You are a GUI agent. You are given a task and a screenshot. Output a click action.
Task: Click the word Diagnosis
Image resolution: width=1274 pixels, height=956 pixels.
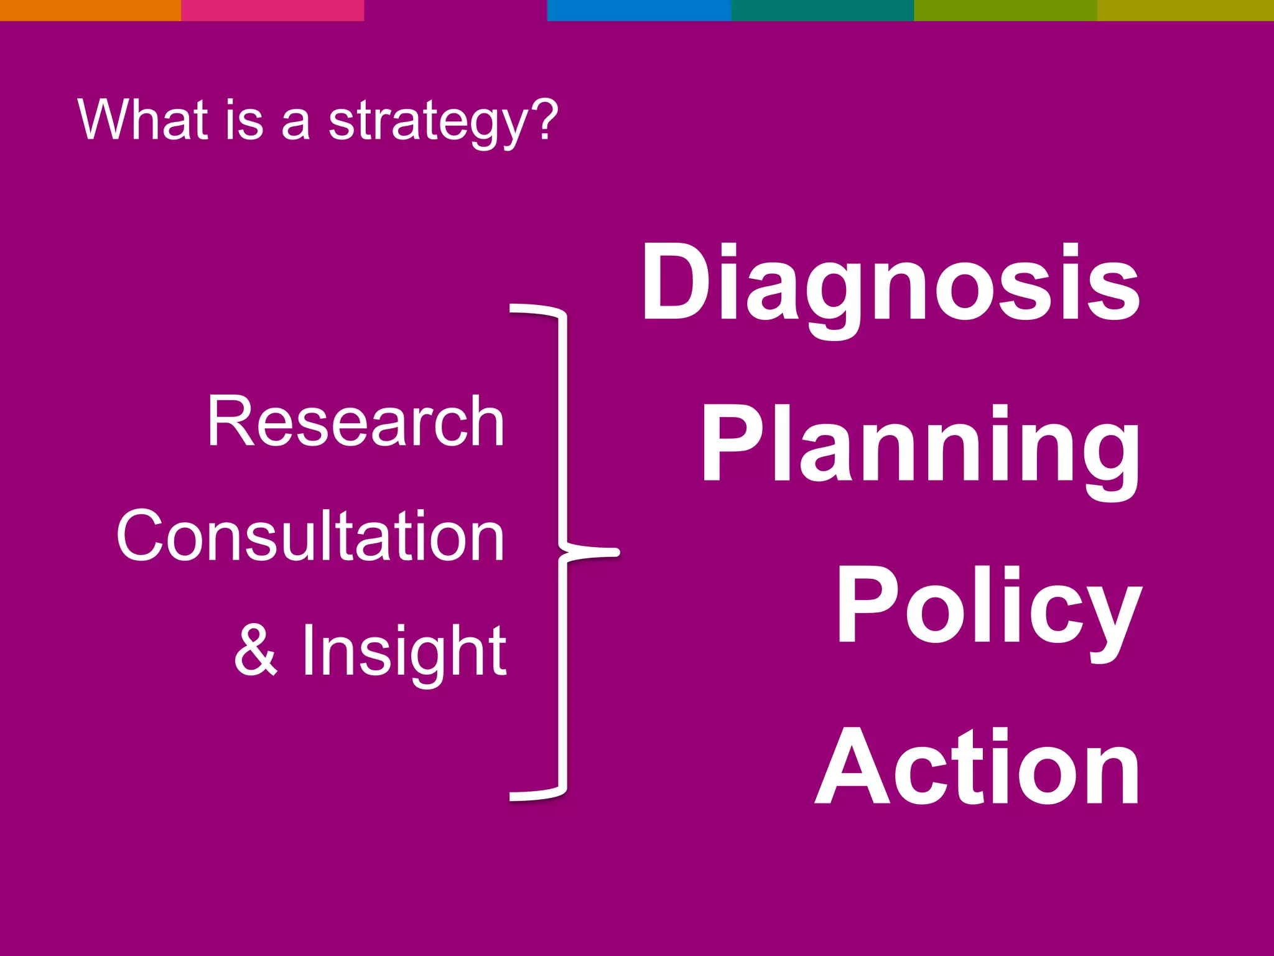coord(891,284)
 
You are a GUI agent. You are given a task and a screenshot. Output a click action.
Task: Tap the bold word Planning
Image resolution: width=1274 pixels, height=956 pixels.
coord(921,445)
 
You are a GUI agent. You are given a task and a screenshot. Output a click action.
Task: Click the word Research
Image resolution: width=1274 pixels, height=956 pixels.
coord(356,422)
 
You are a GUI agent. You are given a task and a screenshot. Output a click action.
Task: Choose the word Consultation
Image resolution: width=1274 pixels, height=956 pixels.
coord(310,537)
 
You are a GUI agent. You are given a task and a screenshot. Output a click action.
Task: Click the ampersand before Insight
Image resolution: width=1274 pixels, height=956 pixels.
coord(256,650)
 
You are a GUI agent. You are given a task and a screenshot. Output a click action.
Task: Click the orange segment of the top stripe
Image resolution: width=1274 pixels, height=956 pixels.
coord(90,10)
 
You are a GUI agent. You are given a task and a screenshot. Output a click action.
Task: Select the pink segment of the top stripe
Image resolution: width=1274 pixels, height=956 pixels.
coord(272,10)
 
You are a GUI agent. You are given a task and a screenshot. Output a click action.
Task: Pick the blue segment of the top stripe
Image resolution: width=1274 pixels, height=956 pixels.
coord(638,10)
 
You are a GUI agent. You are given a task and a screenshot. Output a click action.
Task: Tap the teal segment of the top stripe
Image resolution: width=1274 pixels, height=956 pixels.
coord(822,10)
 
